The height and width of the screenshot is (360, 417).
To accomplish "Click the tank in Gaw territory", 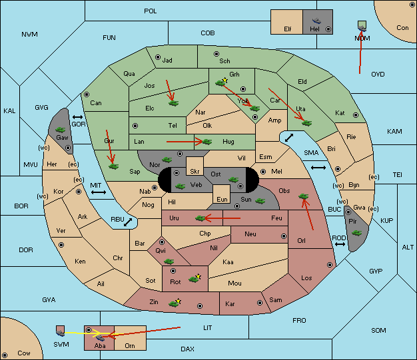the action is point(60,130).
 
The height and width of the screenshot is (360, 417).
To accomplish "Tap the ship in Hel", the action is point(316,21).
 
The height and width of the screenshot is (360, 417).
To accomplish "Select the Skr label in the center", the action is point(195,171).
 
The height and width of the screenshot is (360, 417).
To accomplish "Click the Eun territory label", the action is point(222,199).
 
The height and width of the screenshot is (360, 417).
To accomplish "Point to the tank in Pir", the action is point(356,233).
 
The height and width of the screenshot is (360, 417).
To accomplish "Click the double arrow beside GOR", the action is point(77,117).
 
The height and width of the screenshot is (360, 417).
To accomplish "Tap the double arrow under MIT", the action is point(99,192).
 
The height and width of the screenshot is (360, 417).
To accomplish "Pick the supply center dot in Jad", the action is point(158,57).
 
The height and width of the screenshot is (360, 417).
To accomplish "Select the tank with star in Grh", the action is point(221,82).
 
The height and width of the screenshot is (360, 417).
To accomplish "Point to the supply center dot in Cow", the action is point(5,355).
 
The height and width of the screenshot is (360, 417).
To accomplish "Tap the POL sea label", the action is point(151,11).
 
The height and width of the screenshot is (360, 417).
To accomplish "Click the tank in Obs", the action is point(303,196).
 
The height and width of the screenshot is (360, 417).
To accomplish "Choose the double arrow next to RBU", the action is point(128,222).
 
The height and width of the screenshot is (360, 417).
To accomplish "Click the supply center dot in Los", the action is point(330,265).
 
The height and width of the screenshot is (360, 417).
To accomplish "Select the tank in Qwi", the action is point(169,262).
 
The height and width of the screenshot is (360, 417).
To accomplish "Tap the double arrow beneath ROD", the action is point(340,244).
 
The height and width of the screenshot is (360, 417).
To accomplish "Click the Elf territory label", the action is point(288,29).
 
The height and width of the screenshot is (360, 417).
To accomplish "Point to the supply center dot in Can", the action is point(87,94).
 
